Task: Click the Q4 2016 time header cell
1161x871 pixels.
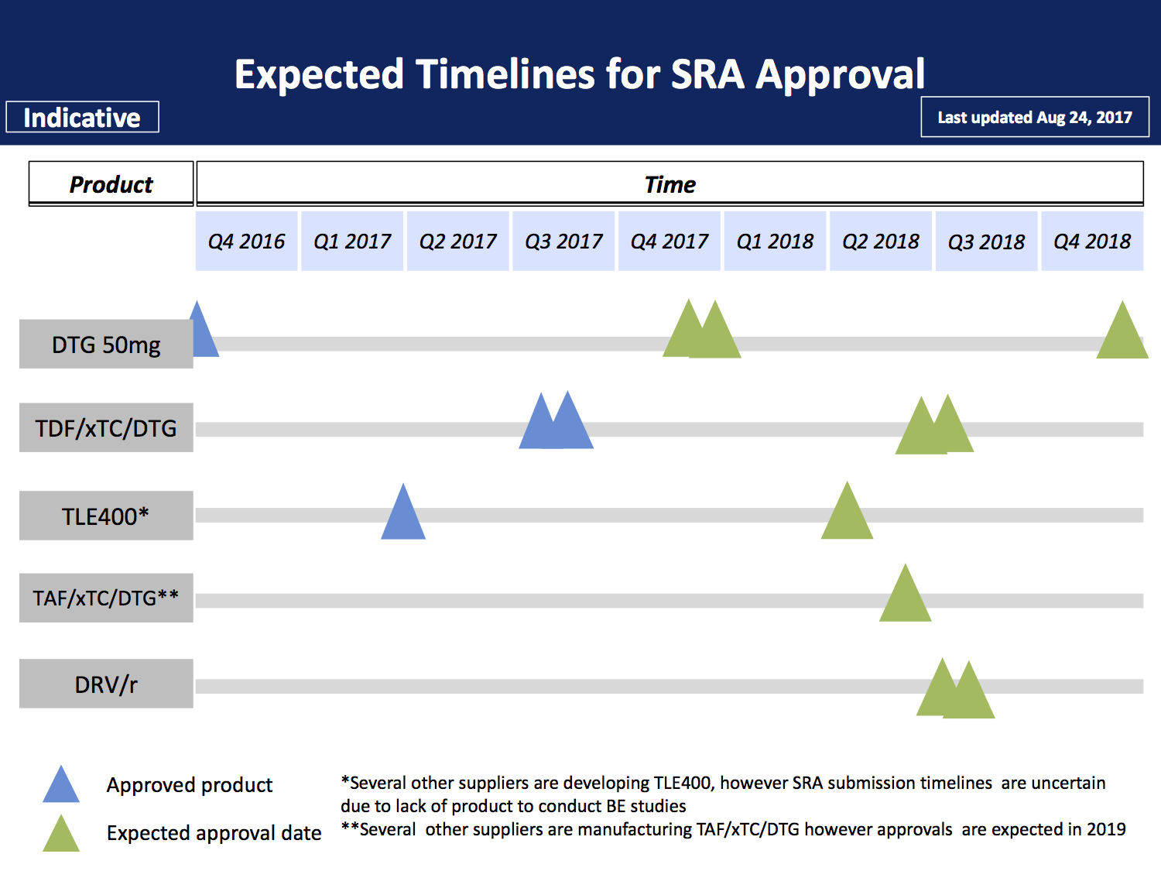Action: click(x=246, y=242)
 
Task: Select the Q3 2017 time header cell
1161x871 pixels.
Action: click(x=563, y=242)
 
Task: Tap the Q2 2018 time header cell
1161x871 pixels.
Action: click(x=881, y=242)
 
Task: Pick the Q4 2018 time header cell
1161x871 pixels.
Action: click(x=1092, y=242)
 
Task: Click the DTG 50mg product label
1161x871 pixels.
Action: click(x=106, y=345)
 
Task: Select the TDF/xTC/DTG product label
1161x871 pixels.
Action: click(x=106, y=428)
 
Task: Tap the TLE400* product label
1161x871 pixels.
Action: click(x=106, y=516)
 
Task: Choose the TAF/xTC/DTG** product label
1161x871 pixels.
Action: click(x=106, y=598)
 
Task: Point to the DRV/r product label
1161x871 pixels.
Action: click(x=106, y=684)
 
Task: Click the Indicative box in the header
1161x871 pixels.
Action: click(x=82, y=118)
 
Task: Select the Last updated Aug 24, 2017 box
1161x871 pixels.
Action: click(x=1035, y=118)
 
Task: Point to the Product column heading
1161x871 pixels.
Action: click(x=111, y=184)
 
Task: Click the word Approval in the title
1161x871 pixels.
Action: click(x=840, y=75)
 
